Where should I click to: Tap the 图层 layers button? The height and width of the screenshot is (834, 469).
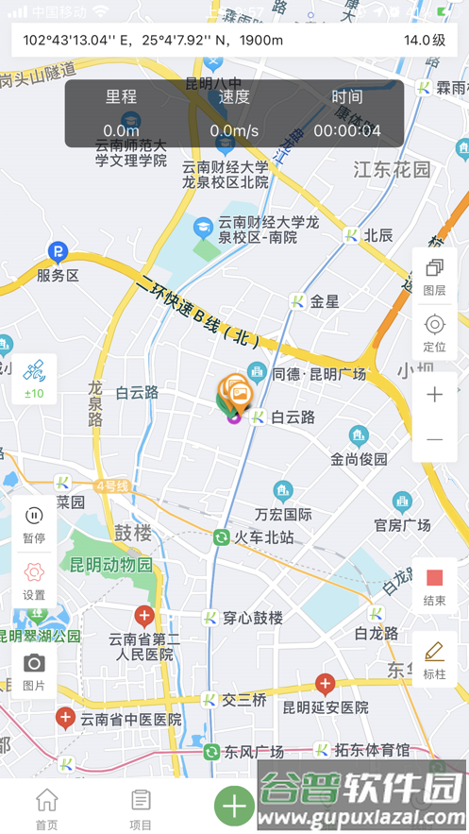[434, 275]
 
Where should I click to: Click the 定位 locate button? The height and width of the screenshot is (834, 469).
[434, 332]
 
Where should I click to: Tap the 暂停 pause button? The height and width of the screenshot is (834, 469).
[34, 522]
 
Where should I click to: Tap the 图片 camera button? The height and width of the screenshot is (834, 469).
[34, 670]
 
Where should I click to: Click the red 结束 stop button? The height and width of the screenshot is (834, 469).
[434, 585]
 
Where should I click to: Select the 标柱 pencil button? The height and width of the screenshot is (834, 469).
[434, 658]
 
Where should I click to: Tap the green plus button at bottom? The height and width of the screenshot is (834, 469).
[234, 806]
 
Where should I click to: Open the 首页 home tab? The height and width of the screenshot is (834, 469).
[46, 808]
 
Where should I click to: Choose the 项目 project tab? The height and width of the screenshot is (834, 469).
[141, 808]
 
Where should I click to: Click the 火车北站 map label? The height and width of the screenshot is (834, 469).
[263, 538]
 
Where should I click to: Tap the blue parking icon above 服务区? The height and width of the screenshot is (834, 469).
[59, 252]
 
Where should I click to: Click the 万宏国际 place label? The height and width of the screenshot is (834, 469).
[283, 515]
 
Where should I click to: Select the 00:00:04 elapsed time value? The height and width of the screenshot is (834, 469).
[346, 130]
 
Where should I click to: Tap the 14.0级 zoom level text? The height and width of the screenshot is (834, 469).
[425, 40]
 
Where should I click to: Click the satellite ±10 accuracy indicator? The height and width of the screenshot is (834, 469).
[34, 379]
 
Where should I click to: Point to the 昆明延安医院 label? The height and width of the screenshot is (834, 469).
[326, 706]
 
